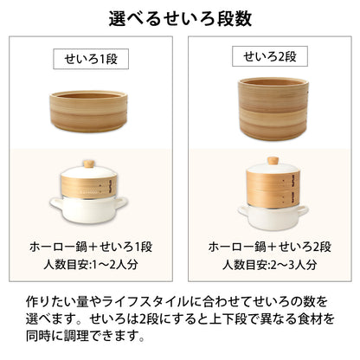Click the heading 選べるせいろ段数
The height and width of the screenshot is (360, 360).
pos(180,19)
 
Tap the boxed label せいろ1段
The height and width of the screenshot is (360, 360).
pos(91,59)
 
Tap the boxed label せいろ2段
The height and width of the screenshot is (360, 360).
pos(270,56)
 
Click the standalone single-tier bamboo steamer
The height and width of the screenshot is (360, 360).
pos(88,112)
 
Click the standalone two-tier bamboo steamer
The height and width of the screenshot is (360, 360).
pos(273,109)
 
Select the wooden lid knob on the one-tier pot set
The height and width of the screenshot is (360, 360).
pos(89,164)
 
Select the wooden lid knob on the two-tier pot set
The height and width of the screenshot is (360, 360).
pos(273,160)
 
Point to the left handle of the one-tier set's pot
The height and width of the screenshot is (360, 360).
pos(56,202)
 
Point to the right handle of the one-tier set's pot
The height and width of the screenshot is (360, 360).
pos(121,202)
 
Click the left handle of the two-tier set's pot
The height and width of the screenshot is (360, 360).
pos(243,211)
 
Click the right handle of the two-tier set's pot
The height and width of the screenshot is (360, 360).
pos(303,211)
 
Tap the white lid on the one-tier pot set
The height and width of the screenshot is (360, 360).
pos(88,172)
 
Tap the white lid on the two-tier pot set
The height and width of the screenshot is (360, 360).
pos(273,168)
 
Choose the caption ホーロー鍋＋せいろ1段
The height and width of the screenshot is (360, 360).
pos(91,247)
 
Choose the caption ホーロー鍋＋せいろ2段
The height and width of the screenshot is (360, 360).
pos(270,247)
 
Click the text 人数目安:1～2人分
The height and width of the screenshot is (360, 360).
pos(91,264)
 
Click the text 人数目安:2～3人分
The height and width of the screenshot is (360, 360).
pos(270,264)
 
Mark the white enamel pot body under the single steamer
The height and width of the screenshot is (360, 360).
pos(88,209)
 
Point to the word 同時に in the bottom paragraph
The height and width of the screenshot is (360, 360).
pos(43,336)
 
